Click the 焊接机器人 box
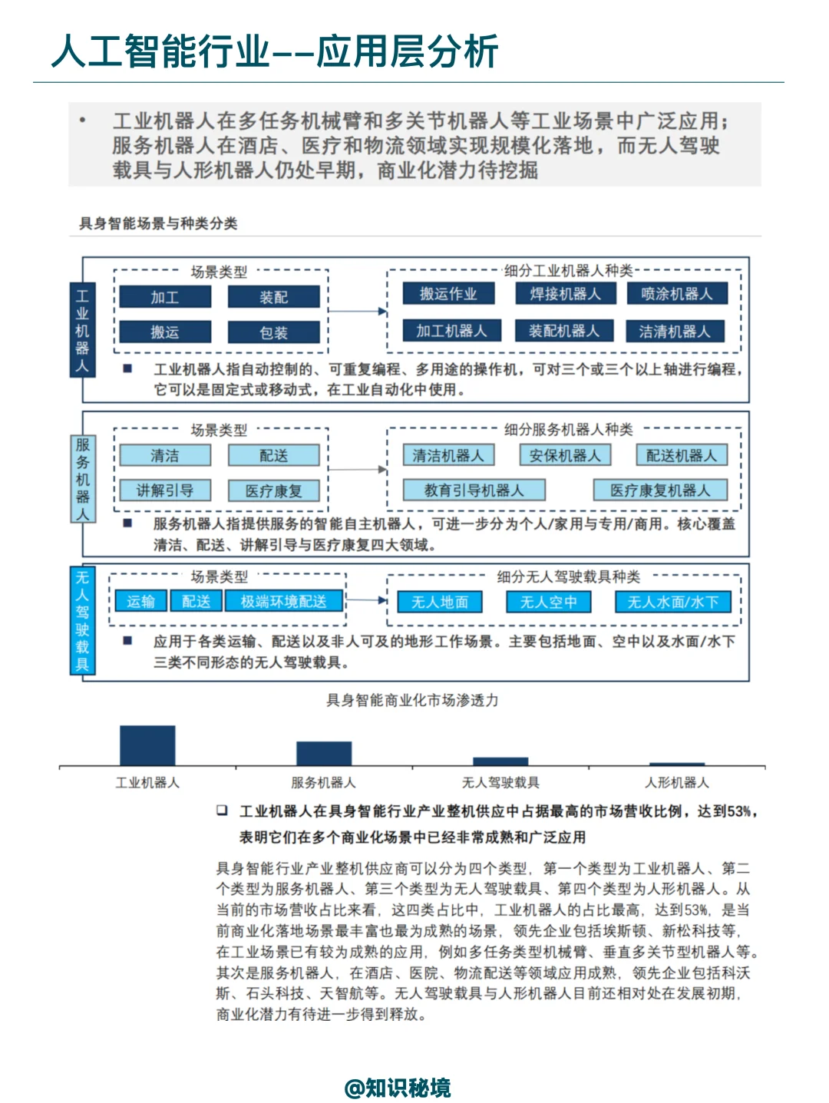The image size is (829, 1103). pyautogui.click(x=565, y=294)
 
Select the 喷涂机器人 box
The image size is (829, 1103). pyautogui.click(x=676, y=294)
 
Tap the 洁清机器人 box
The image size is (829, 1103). pyautogui.click(x=675, y=332)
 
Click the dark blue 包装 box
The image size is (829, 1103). pyautogui.click(x=273, y=333)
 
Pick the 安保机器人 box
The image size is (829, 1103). pyautogui.click(x=565, y=456)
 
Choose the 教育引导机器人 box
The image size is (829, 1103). pyautogui.click(x=474, y=490)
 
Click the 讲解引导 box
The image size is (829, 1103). pyautogui.click(x=164, y=490)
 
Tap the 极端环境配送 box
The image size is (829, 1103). pyautogui.click(x=283, y=602)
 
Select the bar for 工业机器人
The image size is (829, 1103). pyautogui.click(x=147, y=745)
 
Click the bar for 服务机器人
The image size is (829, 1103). pyautogui.click(x=324, y=754)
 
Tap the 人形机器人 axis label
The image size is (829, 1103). pyautogui.click(x=677, y=783)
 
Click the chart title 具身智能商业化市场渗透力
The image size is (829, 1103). pyautogui.click(x=412, y=700)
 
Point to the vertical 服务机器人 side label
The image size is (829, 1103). pyautogui.click(x=82, y=479)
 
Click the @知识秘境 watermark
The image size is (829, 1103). pyautogui.click(x=398, y=1088)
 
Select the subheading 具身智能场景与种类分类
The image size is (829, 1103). pyautogui.click(x=158, y=223)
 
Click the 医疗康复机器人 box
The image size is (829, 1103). pyautogui.click(x=660, y=490)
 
